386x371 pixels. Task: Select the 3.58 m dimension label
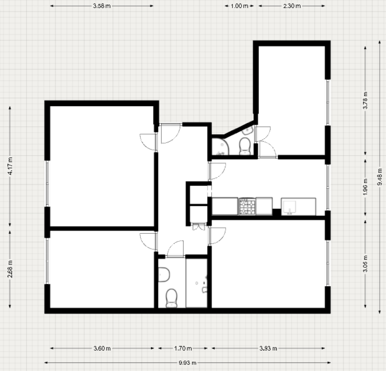102,6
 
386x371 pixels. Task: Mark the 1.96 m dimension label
365,187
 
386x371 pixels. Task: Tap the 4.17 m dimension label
10,165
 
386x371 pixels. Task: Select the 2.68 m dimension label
10,269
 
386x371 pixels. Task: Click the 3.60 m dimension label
102,348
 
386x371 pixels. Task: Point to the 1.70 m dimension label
183,348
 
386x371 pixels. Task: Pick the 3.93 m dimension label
268,348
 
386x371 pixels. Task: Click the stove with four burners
247,206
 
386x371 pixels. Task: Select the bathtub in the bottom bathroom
196,283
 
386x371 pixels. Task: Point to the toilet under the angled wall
245,145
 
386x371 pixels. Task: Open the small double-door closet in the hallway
197,227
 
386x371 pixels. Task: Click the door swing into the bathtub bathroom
176,249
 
